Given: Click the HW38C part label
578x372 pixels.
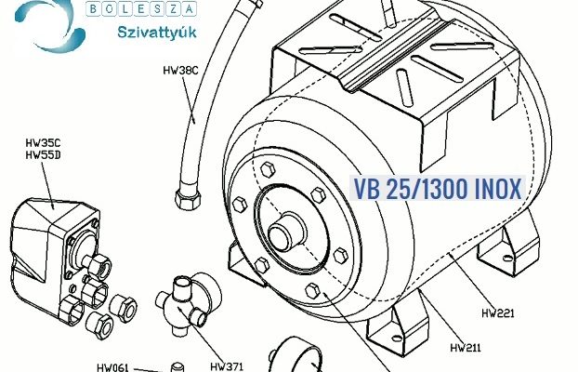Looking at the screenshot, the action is click(180, 71).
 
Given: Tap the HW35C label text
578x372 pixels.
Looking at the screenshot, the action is click(43, 143).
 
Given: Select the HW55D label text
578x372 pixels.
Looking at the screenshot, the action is click(43, 155).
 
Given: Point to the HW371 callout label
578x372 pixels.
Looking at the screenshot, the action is click(227, 366).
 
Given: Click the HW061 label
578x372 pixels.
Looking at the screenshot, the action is click(112, 367).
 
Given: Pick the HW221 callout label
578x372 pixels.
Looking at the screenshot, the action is click(498, 313).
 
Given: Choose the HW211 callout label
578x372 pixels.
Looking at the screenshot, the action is click(466, 348).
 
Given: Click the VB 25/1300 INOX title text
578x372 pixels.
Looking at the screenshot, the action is click(437, 189).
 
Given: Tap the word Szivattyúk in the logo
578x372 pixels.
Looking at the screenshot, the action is click(157, 33).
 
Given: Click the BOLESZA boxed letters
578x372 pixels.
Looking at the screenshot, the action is click(141, 8).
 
